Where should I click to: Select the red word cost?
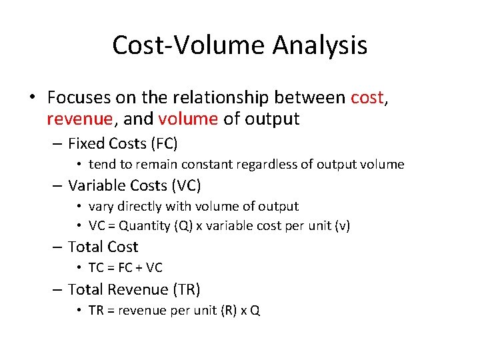click(x=367, y=98)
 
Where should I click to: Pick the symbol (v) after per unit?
click(x=342, y=225)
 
